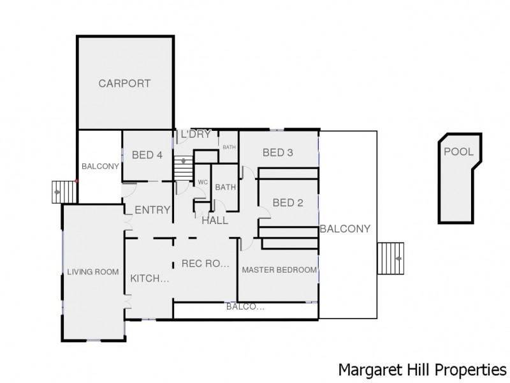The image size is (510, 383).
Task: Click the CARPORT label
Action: pos(124,83)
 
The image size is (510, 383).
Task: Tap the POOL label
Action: pos(458,152)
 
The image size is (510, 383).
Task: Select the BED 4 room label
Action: pos(147,154)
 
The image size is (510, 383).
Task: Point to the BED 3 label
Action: pos(278,153)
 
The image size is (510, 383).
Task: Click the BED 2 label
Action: pos(287,203)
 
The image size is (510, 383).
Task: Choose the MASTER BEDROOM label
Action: pos(279,270)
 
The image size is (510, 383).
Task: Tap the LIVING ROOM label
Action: pos(93,272)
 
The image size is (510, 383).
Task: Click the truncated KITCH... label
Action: pos(150,279)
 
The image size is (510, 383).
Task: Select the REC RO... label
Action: pos(205,263)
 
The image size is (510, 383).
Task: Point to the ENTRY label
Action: pos(152,210)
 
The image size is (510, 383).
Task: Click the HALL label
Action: pos(215,220)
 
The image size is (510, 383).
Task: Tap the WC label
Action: pos(203,182)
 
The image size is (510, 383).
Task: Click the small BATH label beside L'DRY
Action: pos(228,147)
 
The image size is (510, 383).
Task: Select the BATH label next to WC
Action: pos(225,187)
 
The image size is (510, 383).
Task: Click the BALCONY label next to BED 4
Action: pos(101,167)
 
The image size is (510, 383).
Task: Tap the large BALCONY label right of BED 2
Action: pos(345,229)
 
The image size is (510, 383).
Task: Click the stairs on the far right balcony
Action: pos(391,259)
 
